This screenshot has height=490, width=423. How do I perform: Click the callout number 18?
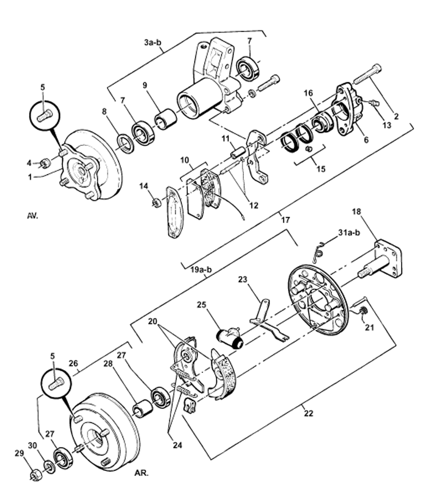point(356,212)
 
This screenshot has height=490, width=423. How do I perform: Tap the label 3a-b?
point(153,42)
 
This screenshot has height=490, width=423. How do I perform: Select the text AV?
point(32,216)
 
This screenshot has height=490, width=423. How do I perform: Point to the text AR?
point(142,473)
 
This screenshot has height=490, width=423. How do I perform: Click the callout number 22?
point(308,413)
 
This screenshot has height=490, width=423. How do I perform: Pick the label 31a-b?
point(349,233)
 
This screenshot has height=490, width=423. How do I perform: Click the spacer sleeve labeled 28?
point(143,409)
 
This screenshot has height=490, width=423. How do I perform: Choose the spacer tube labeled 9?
point(165,119)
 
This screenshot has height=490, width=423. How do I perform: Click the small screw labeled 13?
point(373,102)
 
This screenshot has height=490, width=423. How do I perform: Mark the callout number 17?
point(286,220)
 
